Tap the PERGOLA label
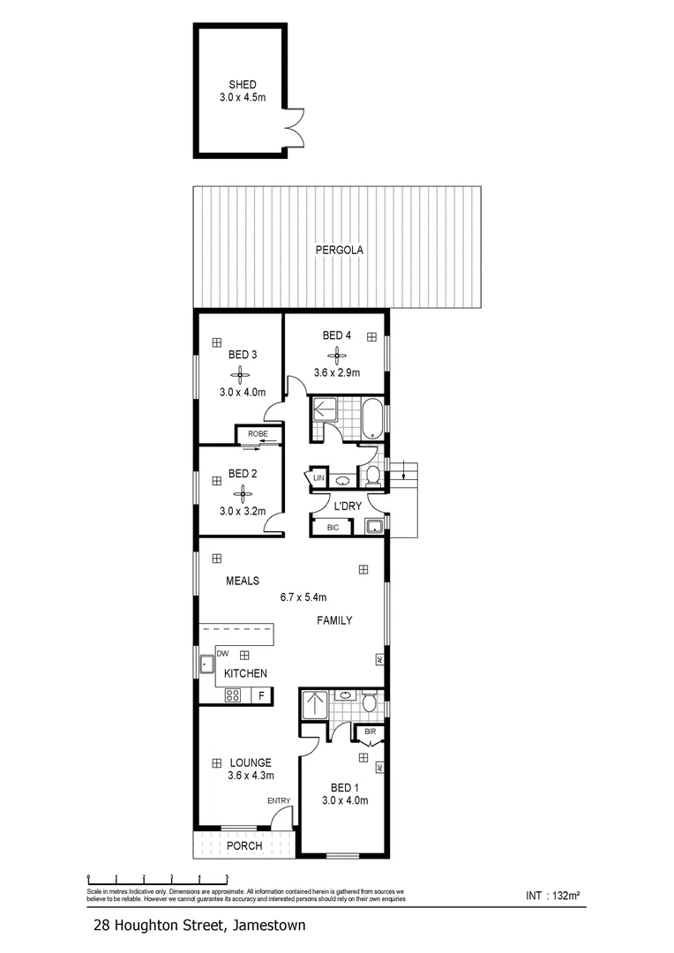[x=340, y=251]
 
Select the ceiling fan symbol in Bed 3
[x=237, y=374]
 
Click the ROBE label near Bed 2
[x=258, y=433]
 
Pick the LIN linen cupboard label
[x=318, y=478]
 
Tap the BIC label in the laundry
[x=333, y=528]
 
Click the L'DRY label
[x=347, y=506]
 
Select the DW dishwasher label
[x=221, y=654]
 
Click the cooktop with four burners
[x=233, y=695]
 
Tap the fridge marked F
[x=261, y=695]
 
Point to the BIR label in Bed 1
[x=370, y=732]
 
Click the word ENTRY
[x=279, y=800]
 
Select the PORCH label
[x=244, y=845]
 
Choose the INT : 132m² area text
[x=552, y=896]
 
